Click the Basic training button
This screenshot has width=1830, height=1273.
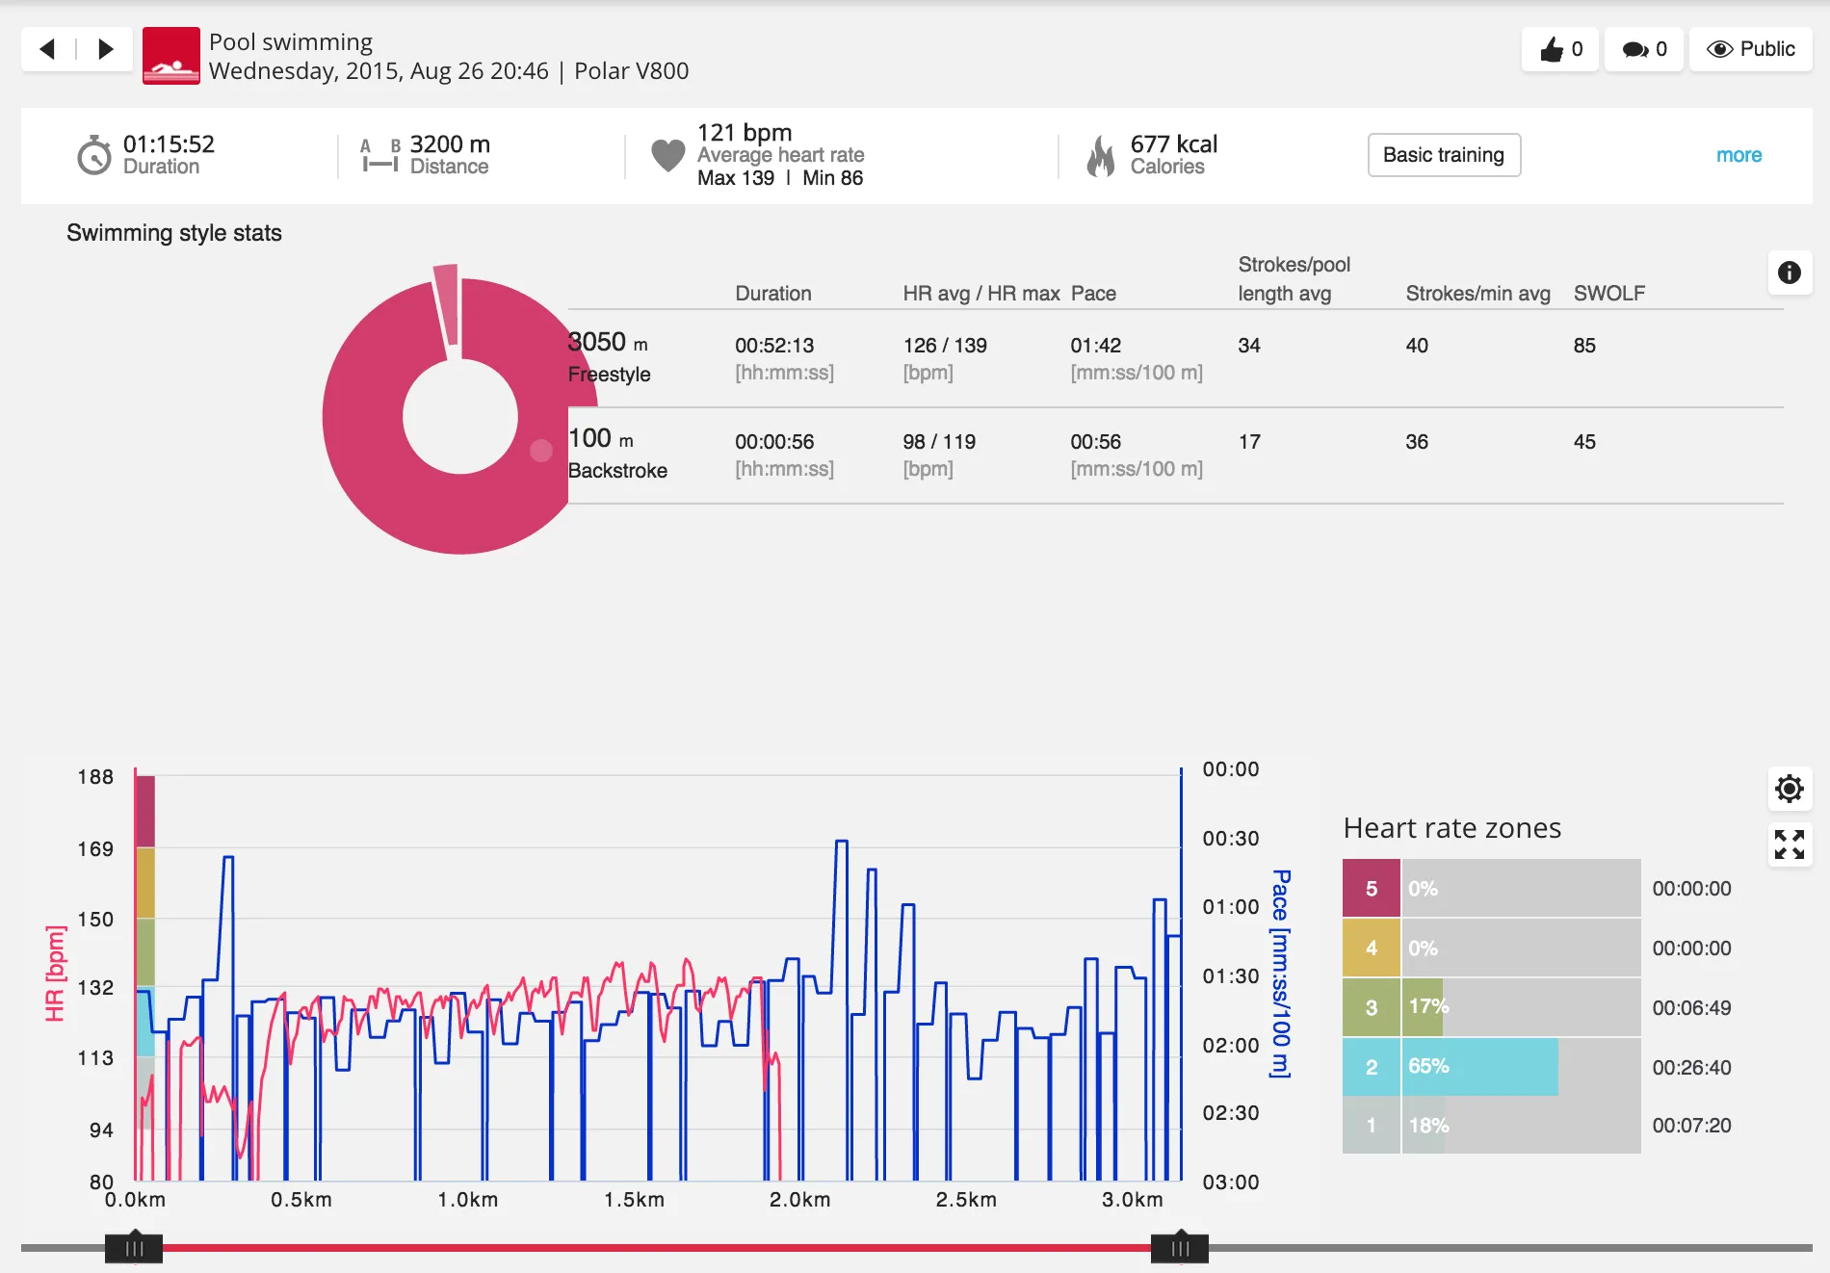(x=1443, y=155)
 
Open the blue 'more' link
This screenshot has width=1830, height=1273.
(x=1738, y=155)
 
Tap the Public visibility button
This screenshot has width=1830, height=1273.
(x=1750, y=49)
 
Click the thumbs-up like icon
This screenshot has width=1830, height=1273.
(x=1551, y=49)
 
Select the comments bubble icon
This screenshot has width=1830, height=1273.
(x=1634, y=49)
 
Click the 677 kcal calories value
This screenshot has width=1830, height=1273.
(x=1173, y=144)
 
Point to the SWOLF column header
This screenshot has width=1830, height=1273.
(x=1608, y=294)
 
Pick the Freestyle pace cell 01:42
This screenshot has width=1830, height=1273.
(x=1095, y=346)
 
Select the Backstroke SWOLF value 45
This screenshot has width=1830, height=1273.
(x=1583, y=442)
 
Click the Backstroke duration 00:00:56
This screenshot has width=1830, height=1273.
(x=773, y=442)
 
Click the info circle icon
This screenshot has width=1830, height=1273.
(x=1789, y=273)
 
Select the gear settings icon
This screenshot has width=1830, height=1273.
(x=1789, y=789)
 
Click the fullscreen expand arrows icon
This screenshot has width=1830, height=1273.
(x=1789, y=844)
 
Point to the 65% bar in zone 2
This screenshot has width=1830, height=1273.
(x=1478, y=1067)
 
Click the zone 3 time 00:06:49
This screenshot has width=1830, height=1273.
(x=1690, y=1008)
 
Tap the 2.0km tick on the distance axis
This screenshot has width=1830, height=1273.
(x=799, y=1200)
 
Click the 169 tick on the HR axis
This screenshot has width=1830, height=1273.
(x=95, y=849)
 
